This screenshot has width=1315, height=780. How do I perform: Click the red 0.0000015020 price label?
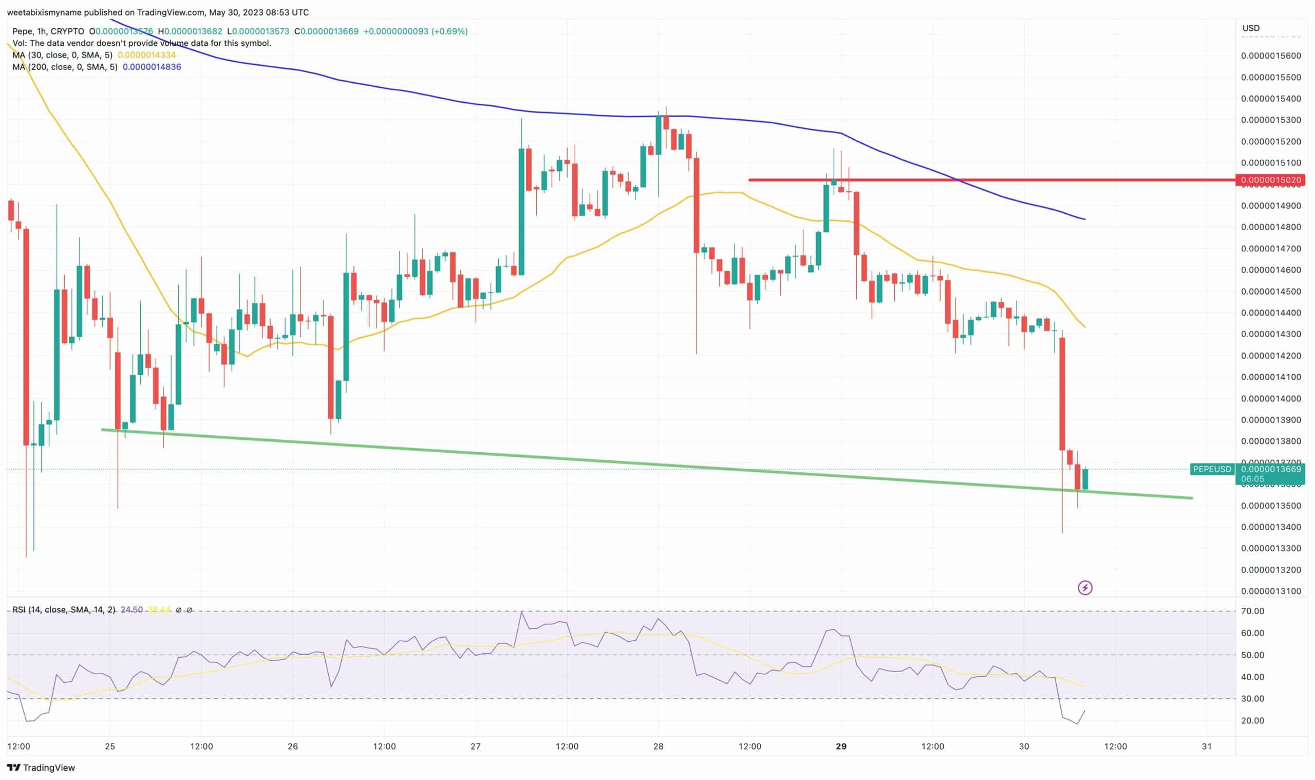point(1270,180)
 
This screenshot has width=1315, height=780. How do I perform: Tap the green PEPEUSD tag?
point(1212,469)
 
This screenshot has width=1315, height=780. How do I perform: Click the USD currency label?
point(1250,28)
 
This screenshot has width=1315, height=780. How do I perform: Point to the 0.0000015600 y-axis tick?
point(1271,55)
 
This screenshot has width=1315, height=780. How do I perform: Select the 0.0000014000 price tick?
point(1271,398)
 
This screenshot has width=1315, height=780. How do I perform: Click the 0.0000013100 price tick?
point(1271,591)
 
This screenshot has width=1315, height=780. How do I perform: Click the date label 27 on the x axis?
point(476,746)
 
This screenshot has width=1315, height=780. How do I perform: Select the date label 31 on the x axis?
point(1207,746)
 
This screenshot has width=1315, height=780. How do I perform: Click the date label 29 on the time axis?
point(841,746)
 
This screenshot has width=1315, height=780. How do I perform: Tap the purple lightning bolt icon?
point(1085,588)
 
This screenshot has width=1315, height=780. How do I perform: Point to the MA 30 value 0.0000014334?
point(146,55)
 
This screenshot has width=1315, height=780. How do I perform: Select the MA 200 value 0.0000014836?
point(152,67)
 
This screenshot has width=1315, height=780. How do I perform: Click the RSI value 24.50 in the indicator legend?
point(131,610)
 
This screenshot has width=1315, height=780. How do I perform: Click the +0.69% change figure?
point(449,31)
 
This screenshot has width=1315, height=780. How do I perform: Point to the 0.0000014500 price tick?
point(1271,291)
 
